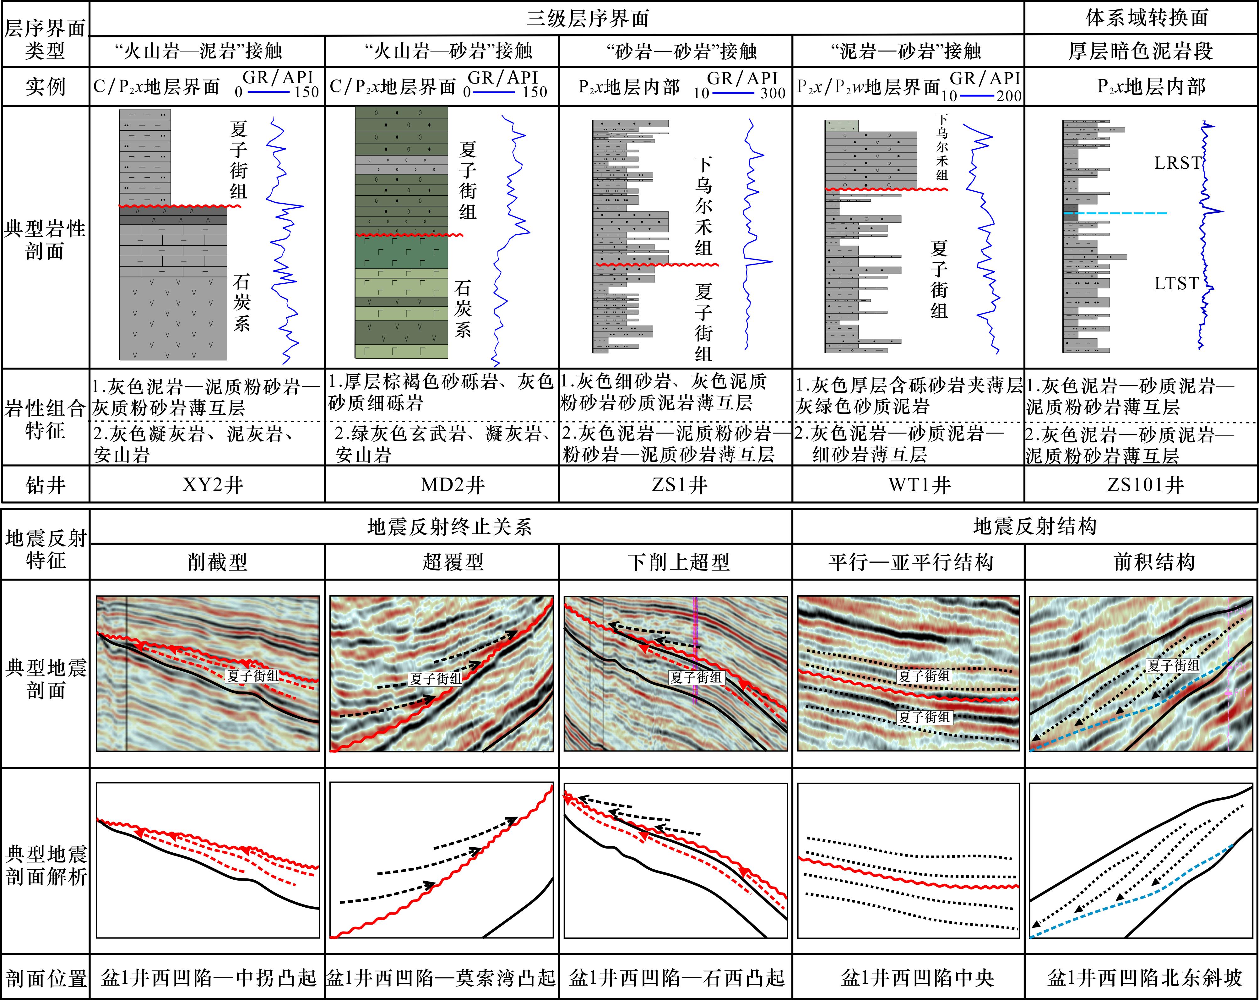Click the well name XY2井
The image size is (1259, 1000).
pyautogui.click(x=213, y=485)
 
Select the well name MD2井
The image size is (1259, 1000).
pyautogui.click(x=453, y=485)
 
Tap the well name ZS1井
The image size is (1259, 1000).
pyautogui.click(x=680, y=485)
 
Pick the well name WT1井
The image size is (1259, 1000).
pyautogui.click(x=920, y=485)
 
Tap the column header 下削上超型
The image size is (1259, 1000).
pyautogui.click(x=679, y=562)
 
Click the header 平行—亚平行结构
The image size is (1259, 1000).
pyautogui.click(x=911, y=562)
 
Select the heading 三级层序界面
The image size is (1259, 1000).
pyautogui.click(x=588, y=19)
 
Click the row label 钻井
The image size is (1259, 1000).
pyautogui.click(x=46, y=485)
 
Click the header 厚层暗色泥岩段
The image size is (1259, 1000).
pyautogui.click(x=1141, y=52)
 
